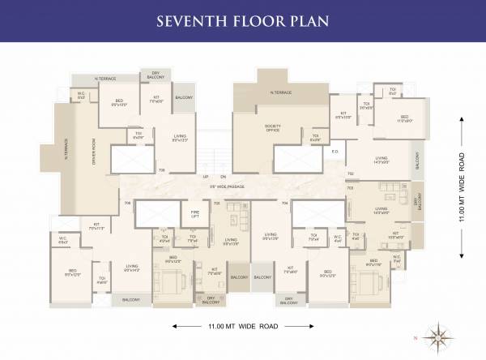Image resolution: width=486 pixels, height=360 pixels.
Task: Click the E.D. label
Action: [x=335, y=151]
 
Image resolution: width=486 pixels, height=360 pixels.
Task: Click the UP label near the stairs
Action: [x=206, y=177]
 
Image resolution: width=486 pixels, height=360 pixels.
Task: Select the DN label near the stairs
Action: [x=223, y=177]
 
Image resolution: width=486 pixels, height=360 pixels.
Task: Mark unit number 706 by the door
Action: [x=162, y=170]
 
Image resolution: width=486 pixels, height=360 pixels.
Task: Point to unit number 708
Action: [x=127, y=203]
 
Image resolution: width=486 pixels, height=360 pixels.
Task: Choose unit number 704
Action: [x=283, y=203]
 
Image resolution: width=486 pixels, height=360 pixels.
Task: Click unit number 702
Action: [x=350, y=174]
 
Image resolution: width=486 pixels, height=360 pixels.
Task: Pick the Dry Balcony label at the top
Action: [x=156, y=75]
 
